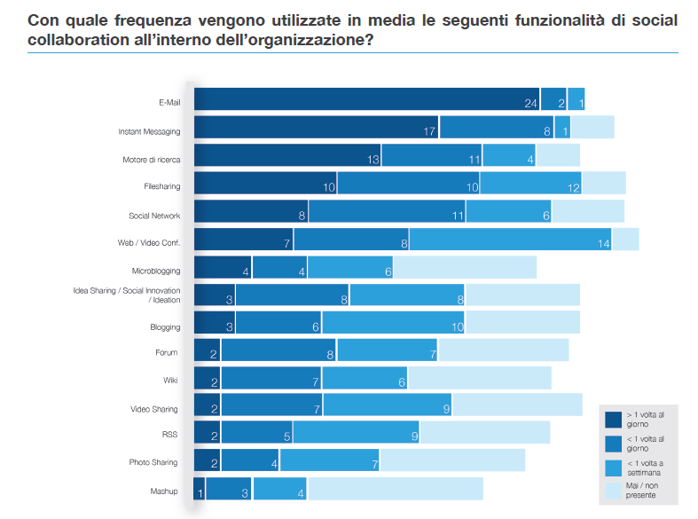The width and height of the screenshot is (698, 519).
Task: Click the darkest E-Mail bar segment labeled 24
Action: click(366, 99)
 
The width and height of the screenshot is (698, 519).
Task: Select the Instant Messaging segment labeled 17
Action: click(317, 128)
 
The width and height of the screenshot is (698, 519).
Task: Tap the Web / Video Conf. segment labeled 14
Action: click(511, 240)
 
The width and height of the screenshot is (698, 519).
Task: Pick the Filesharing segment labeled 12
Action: click(529, 184)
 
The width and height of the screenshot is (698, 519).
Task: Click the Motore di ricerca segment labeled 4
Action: click(509, 156)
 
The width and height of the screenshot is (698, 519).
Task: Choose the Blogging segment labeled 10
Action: click(393, 323)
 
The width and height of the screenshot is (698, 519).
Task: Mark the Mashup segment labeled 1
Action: click(200, 490)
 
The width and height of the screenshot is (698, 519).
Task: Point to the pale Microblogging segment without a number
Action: click(465, 268)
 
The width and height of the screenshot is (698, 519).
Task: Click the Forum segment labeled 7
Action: click(387, 351)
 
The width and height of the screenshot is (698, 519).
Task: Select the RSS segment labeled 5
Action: click(257, 433)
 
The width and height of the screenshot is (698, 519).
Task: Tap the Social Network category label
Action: click(154, 216)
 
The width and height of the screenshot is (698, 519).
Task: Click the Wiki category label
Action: click(170, 381)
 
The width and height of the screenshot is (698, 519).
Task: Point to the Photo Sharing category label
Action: click(153, 462)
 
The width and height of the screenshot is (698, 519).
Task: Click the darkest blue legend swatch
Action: click(613, 419)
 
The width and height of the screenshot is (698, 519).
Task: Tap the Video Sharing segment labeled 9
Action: click(387, 405)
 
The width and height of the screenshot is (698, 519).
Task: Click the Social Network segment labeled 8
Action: click(251, 211)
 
